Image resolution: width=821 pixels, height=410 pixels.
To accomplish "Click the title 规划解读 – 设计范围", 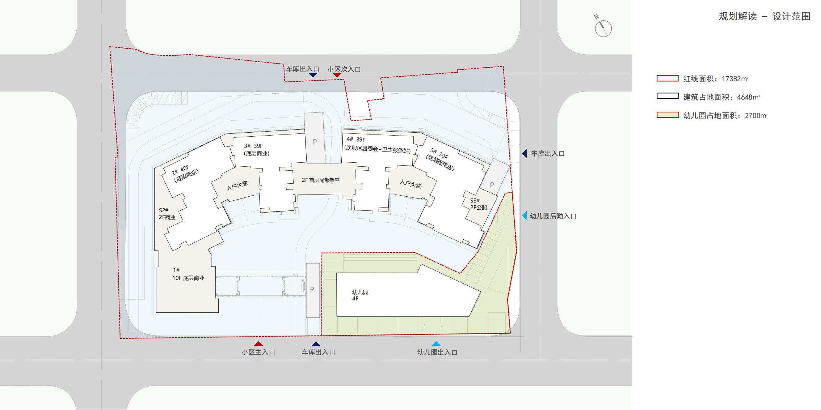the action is coord(764,17).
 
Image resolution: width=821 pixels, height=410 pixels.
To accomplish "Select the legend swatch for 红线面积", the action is coord(668,78).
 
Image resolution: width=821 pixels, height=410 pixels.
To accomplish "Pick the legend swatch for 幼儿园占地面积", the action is coord(668,115).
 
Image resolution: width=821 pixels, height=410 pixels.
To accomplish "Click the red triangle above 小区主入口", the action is coord(258,344).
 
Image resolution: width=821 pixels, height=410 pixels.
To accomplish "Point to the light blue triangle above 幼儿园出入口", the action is coord(436,344).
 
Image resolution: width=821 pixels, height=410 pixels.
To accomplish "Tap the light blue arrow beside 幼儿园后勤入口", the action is coord(524,216).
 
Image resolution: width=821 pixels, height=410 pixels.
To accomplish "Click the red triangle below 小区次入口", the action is coord(337,75).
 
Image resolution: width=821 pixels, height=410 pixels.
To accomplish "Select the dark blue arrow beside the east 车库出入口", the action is coord(524,154).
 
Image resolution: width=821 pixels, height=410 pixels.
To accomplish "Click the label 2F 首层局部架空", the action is coord(321,180).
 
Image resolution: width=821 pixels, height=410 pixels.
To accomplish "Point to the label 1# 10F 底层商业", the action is coord(189,274).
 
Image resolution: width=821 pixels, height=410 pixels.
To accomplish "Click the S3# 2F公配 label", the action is coord(478,204).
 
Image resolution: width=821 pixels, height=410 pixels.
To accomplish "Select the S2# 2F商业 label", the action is coord(167,214).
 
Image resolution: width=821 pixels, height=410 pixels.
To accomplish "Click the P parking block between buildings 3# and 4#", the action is coord(315,138).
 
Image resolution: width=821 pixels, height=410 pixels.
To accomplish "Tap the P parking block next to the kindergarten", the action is coord(313,290).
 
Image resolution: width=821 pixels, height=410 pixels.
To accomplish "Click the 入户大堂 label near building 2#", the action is coord(237,185).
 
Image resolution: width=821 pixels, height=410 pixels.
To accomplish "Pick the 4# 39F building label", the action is coord(356,139).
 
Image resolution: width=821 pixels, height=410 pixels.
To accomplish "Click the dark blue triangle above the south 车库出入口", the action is coord(316,344).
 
